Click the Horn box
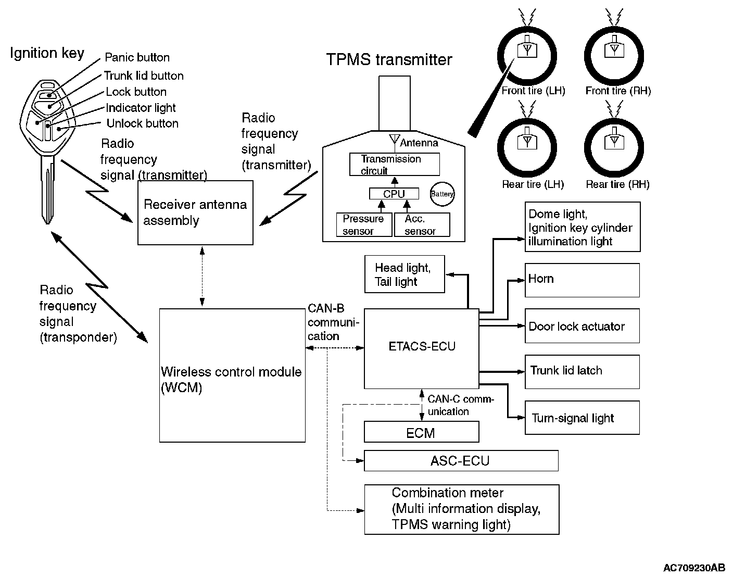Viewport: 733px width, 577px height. (x=582, y=280)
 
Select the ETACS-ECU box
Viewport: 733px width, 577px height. (x=421, y=348)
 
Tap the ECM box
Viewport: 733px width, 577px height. (x=421, y=432)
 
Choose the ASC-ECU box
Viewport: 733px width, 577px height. (x=461, y=461)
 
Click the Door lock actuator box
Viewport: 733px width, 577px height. (x=582, y=326)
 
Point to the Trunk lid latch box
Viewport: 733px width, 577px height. (x=582, y=371)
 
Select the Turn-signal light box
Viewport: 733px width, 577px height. (x=582, y=418)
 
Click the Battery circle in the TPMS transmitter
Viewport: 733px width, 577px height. (x=442, y=194)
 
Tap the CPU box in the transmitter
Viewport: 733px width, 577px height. (x=394, y=194)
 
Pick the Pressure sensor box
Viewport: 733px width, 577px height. (x=364, y=225)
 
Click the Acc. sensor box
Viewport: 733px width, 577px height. (x=422, y=225)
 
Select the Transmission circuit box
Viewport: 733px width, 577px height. (x=394, y=165)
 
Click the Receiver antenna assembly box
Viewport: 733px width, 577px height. (x=195, y=212)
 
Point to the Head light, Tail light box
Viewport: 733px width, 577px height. (x=405, y=274)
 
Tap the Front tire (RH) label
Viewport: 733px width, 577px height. (x=618, y=91)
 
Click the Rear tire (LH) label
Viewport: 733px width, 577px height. (x=533, y=184)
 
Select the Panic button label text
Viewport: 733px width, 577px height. (x=137, y=57)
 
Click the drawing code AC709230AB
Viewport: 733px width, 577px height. (x=693, y=568)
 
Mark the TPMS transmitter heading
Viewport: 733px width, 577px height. (x=389, y=59)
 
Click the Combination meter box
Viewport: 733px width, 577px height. (x=461, y=509)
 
